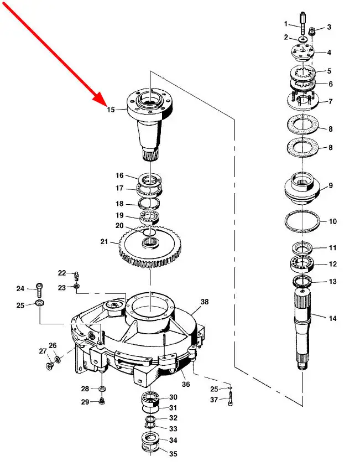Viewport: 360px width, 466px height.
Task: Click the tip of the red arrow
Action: point(106,106)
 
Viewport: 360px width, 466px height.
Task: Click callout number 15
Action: point(111,110)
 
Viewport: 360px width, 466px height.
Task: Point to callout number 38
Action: point(205,302)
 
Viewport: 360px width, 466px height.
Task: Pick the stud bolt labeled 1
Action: point(302,23)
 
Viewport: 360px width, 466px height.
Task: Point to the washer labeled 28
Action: point(102,389)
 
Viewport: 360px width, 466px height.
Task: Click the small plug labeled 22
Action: point(76,276)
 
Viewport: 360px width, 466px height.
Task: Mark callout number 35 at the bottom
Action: point(173,453)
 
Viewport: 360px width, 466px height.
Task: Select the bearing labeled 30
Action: point(150,398)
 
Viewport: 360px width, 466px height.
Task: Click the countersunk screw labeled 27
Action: point(49,365)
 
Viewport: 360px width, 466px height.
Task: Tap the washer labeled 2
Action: point(302,39)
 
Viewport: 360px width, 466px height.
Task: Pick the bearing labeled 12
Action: point(302,263)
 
